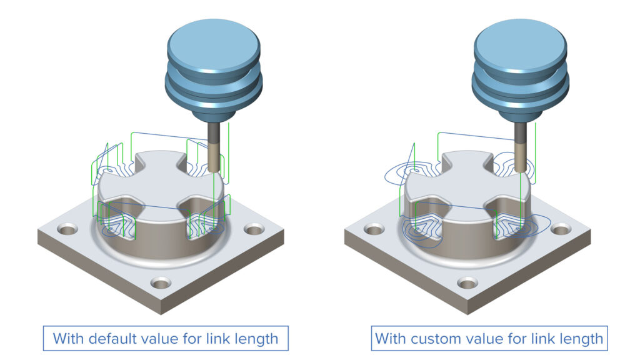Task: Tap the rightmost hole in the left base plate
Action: (x=252, y=230)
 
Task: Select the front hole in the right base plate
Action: (x=467, y=283)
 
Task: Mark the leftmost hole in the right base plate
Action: (x=375, y=230)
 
